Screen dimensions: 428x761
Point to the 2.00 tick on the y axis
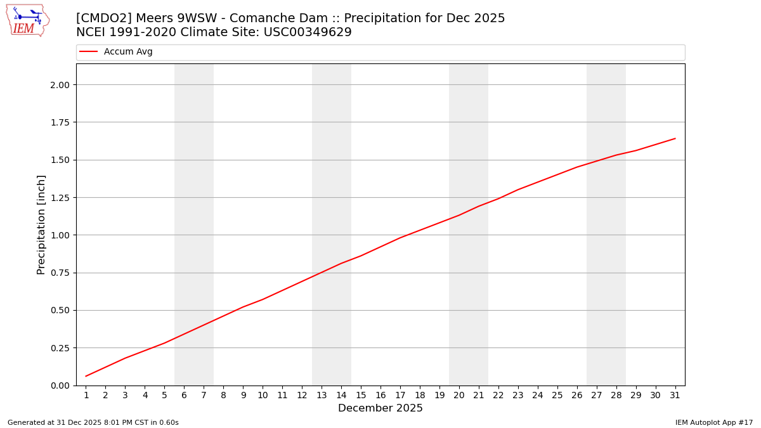click(63, 85)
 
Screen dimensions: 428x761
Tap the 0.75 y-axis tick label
click(63, 273)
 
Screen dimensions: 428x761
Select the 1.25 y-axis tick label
click(63, 198)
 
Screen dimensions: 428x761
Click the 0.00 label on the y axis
click(63, 386)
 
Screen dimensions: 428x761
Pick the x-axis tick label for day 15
click(361, 396)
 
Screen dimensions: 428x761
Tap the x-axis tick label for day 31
click(675, 396)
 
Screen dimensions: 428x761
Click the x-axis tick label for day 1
click(86, 396)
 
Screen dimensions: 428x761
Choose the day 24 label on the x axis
click(538, 396)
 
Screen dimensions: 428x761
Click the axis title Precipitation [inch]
click(41, 224)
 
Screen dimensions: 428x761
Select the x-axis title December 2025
click(380, 409)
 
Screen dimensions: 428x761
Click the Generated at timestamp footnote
click(93, 423)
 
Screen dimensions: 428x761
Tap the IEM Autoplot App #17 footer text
click(714, 423)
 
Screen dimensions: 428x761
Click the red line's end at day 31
click(675, 138)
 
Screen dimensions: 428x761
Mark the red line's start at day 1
click(86, 376)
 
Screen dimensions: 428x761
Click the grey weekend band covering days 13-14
click(332, 190)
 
